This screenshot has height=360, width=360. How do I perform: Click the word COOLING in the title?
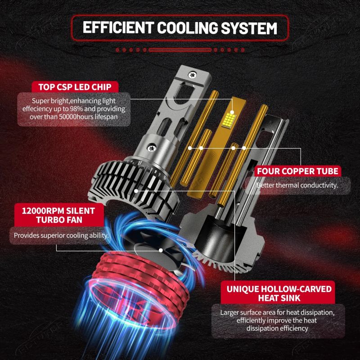(187, 28)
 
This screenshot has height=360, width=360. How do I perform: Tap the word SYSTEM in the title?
(249, 28)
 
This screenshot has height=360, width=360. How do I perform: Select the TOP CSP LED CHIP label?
(75, 87)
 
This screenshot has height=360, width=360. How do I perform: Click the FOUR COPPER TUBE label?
(297, 171)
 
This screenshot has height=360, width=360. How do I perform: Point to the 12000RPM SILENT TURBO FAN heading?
(58, 215)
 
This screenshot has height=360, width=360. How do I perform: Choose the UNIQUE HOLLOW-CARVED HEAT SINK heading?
(279, 293)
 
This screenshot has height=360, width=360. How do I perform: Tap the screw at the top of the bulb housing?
(192, 75)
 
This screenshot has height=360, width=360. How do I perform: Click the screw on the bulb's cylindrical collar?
(152, 148)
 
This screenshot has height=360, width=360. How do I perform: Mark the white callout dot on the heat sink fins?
(136, 191)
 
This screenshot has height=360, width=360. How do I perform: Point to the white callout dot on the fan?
(161, 250)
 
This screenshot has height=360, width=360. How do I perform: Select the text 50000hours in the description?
(77, 117)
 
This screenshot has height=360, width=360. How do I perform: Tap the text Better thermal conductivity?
(297, 185)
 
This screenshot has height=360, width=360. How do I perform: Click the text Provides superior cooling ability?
(61, 235)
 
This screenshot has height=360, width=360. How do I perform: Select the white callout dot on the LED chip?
(232, 112)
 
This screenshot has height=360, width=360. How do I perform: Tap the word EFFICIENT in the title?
(118, 28)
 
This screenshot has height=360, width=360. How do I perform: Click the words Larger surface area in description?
(244, 312)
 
